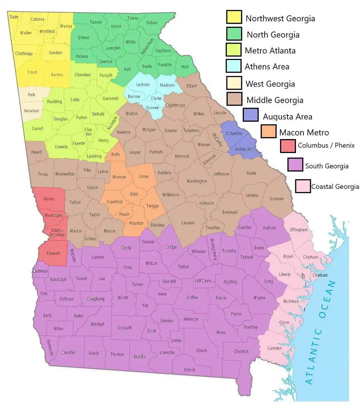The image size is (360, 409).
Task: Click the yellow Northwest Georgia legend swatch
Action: coord(234,17)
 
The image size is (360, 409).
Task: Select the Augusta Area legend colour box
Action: coord(251,115)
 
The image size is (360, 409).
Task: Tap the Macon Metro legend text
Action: coord(304,133)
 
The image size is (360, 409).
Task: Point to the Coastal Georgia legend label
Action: coord(335,187)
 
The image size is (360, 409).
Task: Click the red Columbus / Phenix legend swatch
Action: coord(288,146)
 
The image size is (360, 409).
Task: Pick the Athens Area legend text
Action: coord(267,67)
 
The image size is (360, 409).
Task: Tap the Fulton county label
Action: coord(82,117)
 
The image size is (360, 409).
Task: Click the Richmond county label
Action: coord(244,149)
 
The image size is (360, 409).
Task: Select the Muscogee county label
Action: coord(53,215)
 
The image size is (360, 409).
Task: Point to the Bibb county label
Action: coord(134,194)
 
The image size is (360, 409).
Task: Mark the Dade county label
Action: coord(14,17)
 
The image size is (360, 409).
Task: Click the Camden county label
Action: coord(274,348)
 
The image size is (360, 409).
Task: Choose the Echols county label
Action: coord(190,370)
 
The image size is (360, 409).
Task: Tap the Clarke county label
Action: coord(156,98)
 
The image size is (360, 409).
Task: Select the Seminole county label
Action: coord(50,347)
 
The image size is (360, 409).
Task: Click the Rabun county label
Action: coord(152,23)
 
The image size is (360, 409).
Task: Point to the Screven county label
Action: coord(277,199)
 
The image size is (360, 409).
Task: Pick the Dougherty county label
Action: coord(96,299)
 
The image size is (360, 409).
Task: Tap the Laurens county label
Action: coord(188,223)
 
